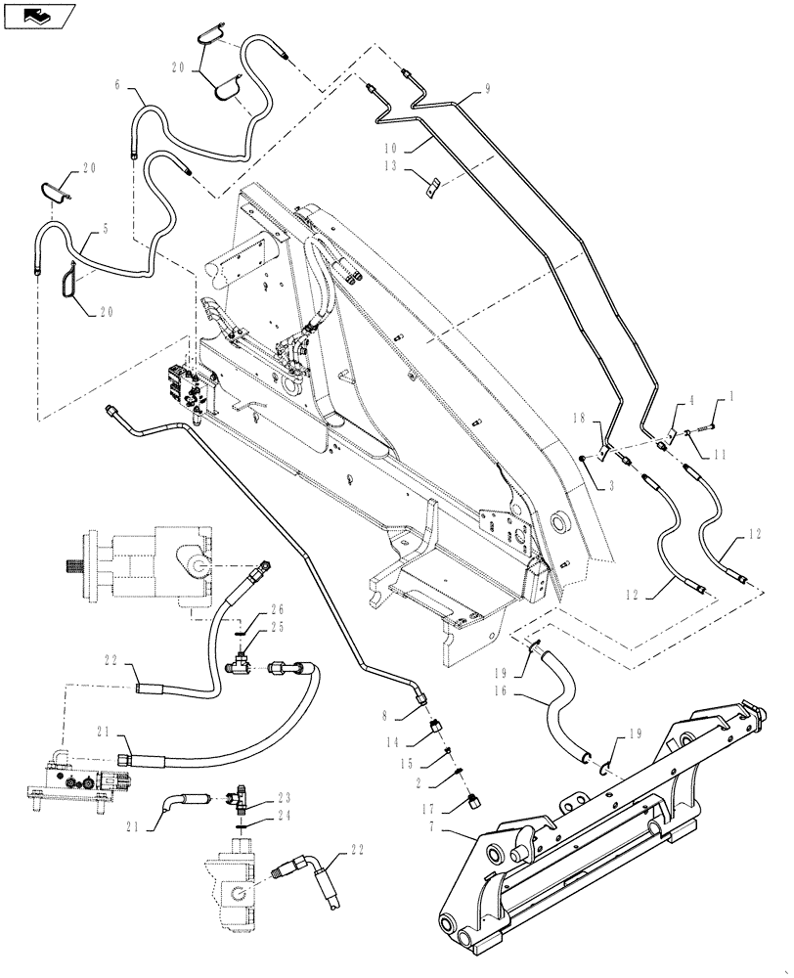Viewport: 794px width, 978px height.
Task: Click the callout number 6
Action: point(118,86)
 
